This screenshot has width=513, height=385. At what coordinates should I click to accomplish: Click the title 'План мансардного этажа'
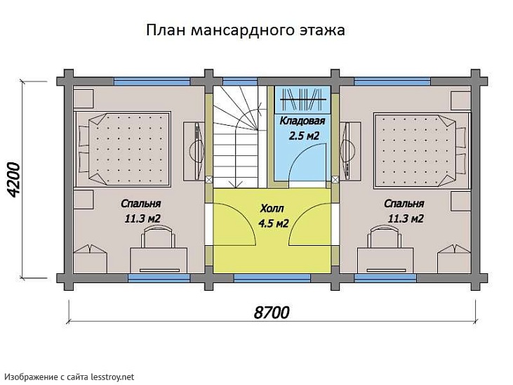pyautogui.click(x=245, y=31)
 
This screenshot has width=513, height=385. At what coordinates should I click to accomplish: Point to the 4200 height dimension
pyautogui.click(x=16, y=181)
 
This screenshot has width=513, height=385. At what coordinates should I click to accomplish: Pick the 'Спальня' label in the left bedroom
pyautogui.click(x=138, y=204)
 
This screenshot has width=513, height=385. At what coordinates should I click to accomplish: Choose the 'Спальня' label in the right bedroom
pyautogui.click(x=404, y=204)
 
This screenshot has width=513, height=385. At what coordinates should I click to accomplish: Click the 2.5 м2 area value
pyautogui.click(x=305, y=135)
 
